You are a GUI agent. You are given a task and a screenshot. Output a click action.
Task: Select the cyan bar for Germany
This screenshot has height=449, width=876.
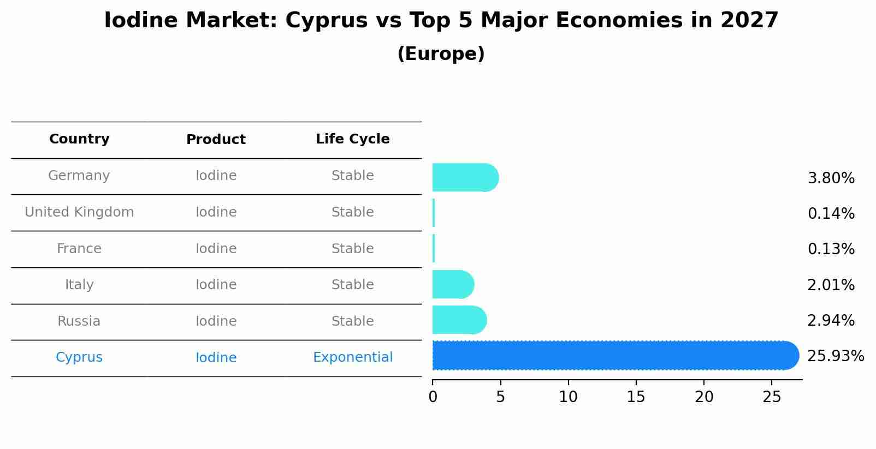464,178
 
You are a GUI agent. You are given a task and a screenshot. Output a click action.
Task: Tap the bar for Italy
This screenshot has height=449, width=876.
452,284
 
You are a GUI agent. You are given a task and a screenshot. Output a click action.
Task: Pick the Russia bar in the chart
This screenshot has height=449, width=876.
459,320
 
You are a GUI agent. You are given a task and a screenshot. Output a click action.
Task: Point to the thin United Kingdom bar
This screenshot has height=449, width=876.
434,213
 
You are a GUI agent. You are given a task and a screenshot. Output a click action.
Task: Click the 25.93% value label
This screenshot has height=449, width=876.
835,356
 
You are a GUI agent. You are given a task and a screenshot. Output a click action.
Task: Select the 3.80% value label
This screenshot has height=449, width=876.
831,178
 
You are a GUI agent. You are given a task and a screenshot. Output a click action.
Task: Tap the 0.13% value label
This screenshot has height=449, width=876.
831,249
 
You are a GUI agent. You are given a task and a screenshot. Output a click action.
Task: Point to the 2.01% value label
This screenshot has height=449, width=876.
831,285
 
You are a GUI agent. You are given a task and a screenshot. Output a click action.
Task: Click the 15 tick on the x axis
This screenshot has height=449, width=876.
636,397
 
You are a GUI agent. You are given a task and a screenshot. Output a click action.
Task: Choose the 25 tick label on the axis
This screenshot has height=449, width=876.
772,397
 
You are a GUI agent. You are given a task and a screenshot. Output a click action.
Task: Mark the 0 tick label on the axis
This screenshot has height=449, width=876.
433,397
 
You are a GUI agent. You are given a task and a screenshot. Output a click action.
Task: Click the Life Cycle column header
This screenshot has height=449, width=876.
352,139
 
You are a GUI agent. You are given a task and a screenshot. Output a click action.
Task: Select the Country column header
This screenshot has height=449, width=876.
79,139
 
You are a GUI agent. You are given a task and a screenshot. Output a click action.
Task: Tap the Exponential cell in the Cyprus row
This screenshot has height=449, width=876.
352,357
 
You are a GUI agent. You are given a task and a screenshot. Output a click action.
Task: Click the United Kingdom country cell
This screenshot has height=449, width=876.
79,212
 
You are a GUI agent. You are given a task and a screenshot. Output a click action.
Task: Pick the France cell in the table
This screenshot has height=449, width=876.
79,249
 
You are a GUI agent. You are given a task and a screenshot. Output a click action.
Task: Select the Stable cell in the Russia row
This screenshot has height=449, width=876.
352,321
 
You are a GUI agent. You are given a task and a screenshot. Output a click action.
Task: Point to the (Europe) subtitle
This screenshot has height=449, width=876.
441,54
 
